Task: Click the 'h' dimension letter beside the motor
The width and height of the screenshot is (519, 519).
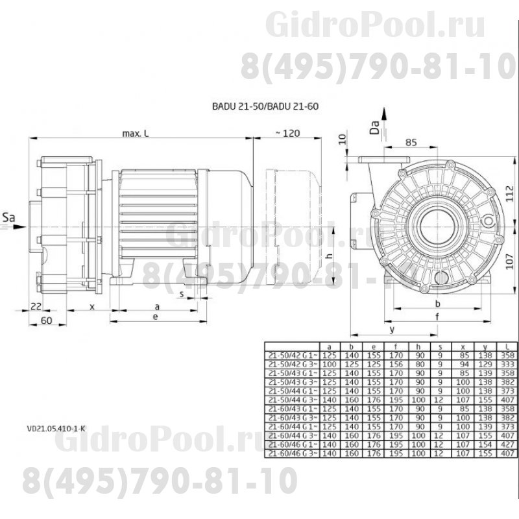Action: pos(330,255)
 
